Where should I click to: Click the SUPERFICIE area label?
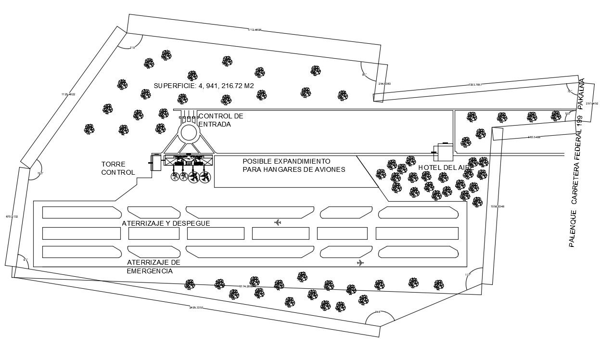tap(204, 86)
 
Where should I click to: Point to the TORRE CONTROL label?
tap(118, 168)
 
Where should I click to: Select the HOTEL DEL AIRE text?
tap(446, 167)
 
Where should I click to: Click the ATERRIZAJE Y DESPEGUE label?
tap(166, 223)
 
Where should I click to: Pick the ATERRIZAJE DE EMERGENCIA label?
tap(153, 267)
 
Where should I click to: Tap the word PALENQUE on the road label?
tap(572, 228)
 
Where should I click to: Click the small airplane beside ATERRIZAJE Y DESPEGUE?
tap(277, 222)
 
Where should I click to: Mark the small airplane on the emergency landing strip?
tap(360, 262)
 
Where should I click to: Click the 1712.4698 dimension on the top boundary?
tap(255, 30)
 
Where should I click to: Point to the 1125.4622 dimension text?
tap(68, 94)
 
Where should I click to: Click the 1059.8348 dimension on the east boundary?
tap(497, 206)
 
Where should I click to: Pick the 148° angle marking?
tap(378, 312)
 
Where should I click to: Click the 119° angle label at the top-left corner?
tap(132, 48)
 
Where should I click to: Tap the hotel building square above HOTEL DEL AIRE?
tap(443, 153)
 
